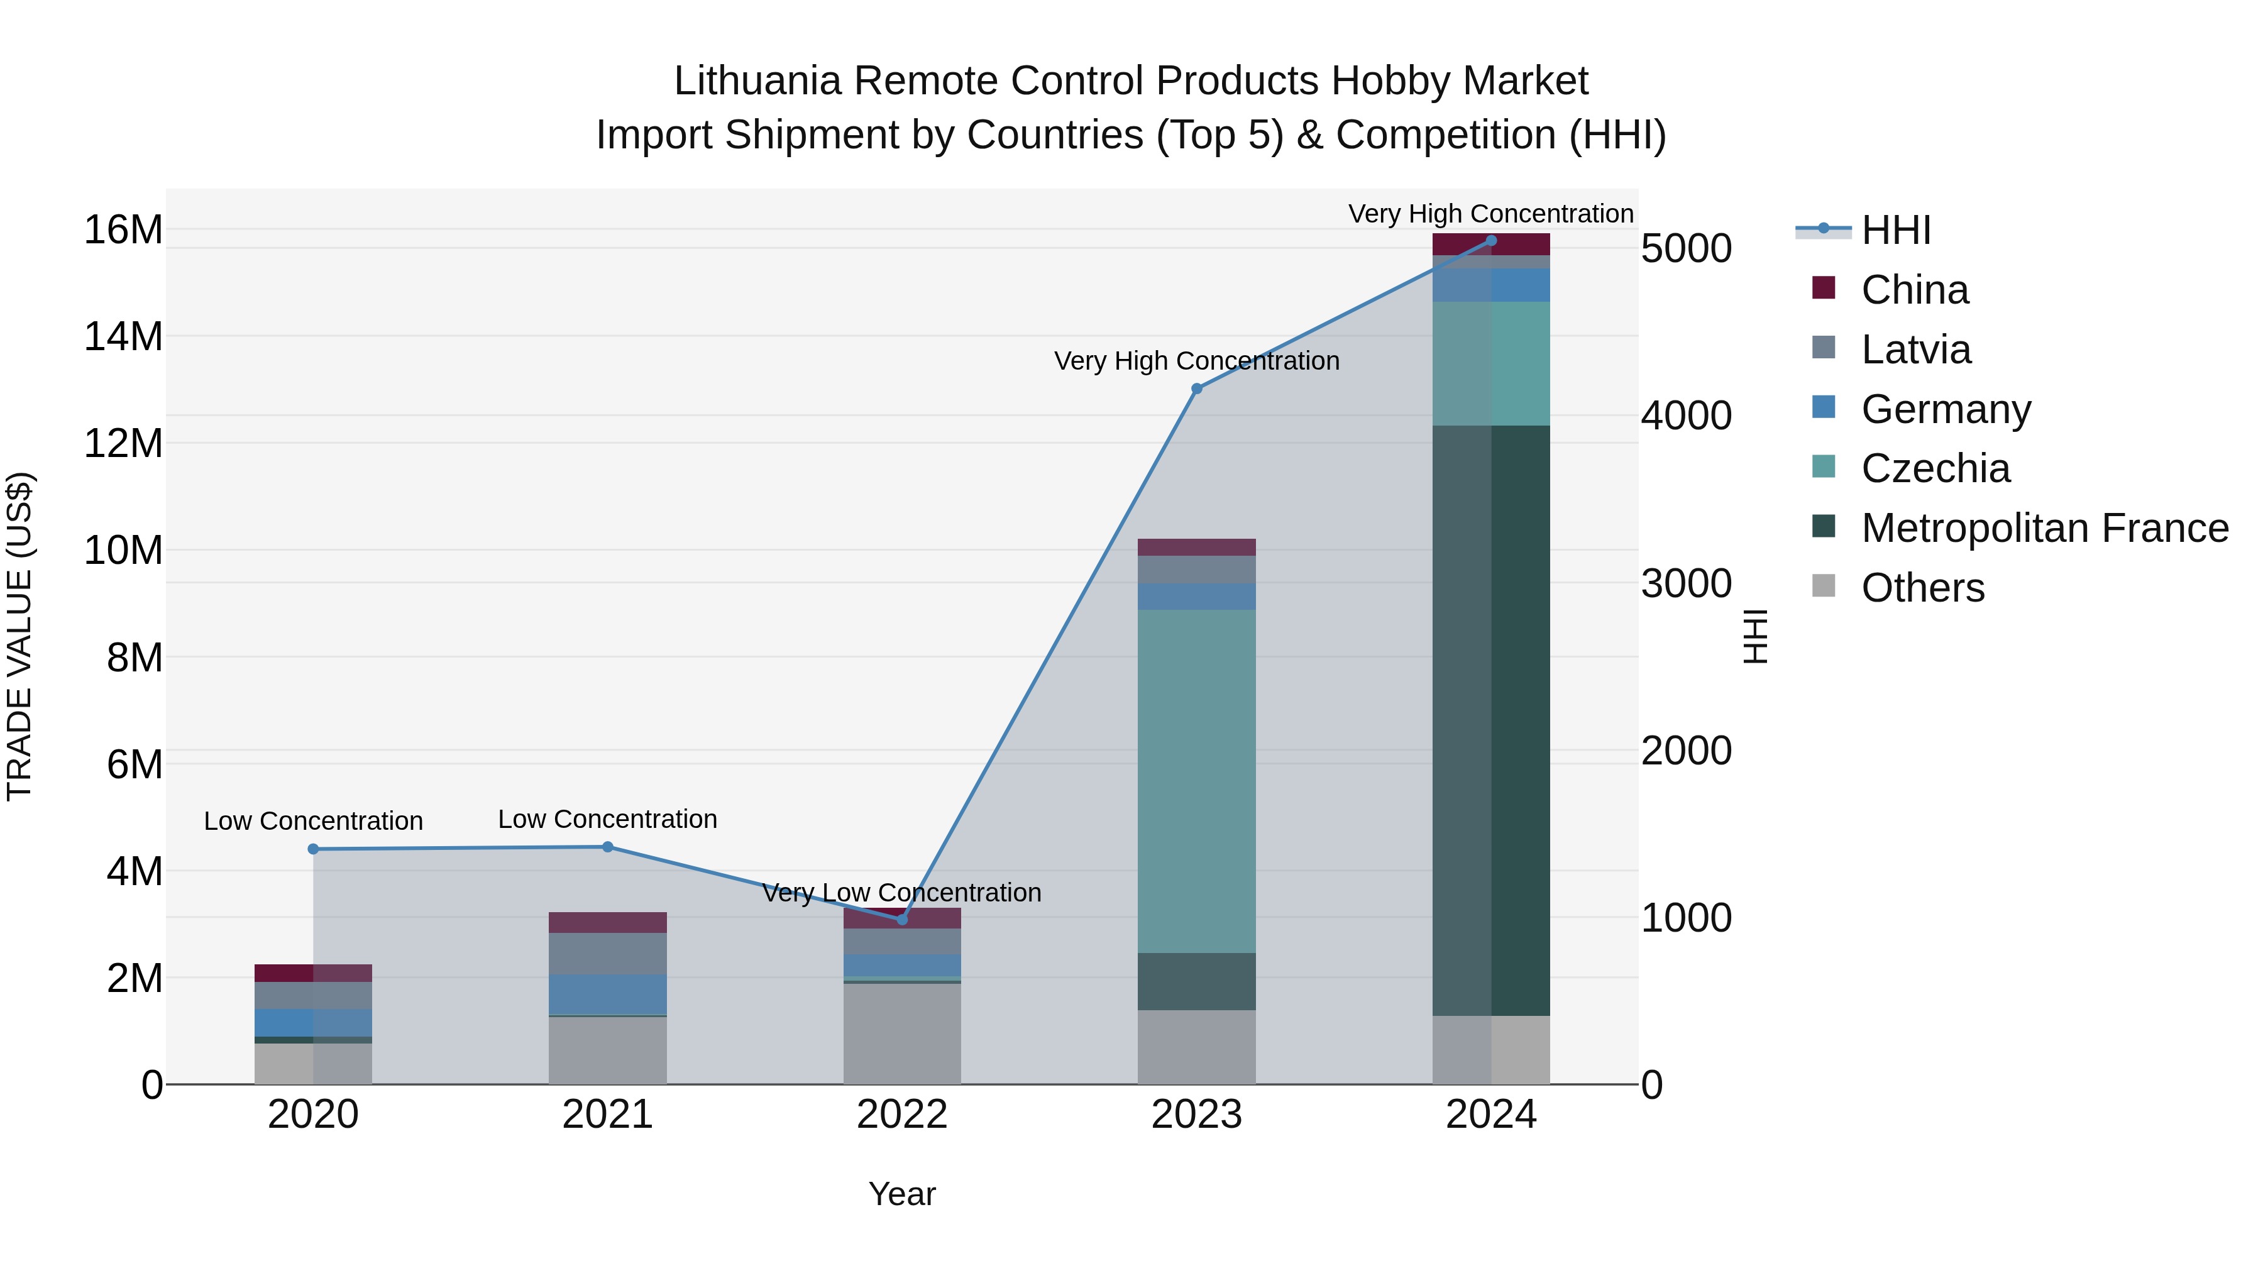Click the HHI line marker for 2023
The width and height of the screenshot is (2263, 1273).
click(x=1196, y=389)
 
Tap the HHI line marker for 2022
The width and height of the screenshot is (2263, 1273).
click(x=902, y=919)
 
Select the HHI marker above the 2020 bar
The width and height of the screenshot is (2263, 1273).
click(x=314, y=849)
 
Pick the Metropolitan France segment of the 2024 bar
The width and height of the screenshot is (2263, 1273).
click(x=1491, y=720)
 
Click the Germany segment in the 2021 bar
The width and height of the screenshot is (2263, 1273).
click(x=608, y=994)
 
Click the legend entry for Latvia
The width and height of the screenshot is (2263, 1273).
click(x=1915, y=350)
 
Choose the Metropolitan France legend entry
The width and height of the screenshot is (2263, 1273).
click(x=2044, y=528)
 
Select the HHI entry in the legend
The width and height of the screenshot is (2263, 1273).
click(x=1895, y=230)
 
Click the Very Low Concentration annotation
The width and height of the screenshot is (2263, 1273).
click(x=902, y=893)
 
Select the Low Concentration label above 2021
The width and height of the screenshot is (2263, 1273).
click(x=608, y=818)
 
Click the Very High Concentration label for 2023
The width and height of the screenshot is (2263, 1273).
click(x=1196, y=361)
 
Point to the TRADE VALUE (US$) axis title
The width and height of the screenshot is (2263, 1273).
click(x=20, y=636)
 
